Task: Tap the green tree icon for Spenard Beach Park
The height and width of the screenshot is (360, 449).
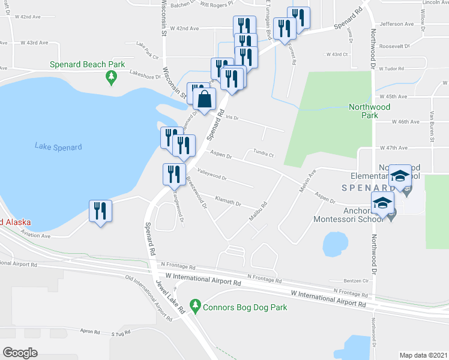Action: coord(110,77)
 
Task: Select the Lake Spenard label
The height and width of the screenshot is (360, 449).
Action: coord(58,147)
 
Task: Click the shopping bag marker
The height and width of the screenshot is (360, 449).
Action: coord(205,99)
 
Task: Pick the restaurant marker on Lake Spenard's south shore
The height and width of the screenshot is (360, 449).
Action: coord(100,211)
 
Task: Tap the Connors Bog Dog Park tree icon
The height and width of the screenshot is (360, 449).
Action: coord(194,307)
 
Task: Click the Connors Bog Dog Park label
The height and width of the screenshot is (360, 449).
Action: coord(244,308)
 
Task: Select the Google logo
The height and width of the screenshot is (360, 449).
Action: coord(20,353)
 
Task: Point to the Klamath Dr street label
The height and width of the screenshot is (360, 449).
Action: coord(229,202)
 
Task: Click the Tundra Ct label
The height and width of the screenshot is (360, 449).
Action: coord(264,153)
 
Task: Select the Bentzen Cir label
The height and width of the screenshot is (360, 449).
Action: coord(356,281)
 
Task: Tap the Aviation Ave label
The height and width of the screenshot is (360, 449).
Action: coord(36,236)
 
